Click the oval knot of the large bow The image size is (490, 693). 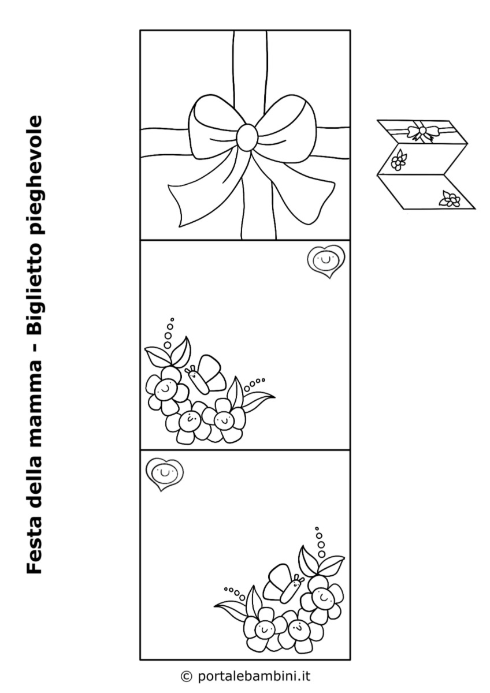coord(247,136)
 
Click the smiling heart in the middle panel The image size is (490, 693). coord(326,260)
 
